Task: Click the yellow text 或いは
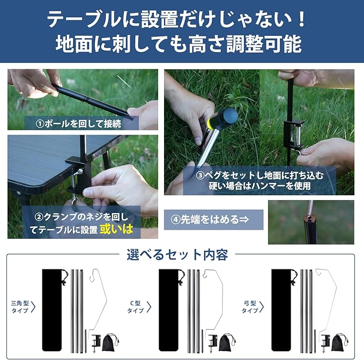click(x=116, y=229)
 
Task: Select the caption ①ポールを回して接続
click(x=78, y=123)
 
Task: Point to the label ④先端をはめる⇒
click(x=210, y=219)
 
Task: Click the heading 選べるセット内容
click(x=177, y=255)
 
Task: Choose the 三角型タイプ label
click(x=20, y=307)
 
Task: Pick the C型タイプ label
click(x=136, y=307)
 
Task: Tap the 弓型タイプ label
click(x=250, y=307)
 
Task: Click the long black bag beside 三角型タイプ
click(x=53, y=310)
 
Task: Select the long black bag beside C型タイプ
click(x=169, y=310)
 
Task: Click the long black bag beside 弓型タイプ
click(x=282, y=310)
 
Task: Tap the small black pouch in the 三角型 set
click(x=110, y=342)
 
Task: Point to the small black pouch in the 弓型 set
click(x=339, y=342)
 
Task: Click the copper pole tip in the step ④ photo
click(x=309, y=218)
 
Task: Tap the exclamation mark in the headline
click(x=301, y=19)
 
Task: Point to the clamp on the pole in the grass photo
click(x=293, y=134)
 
